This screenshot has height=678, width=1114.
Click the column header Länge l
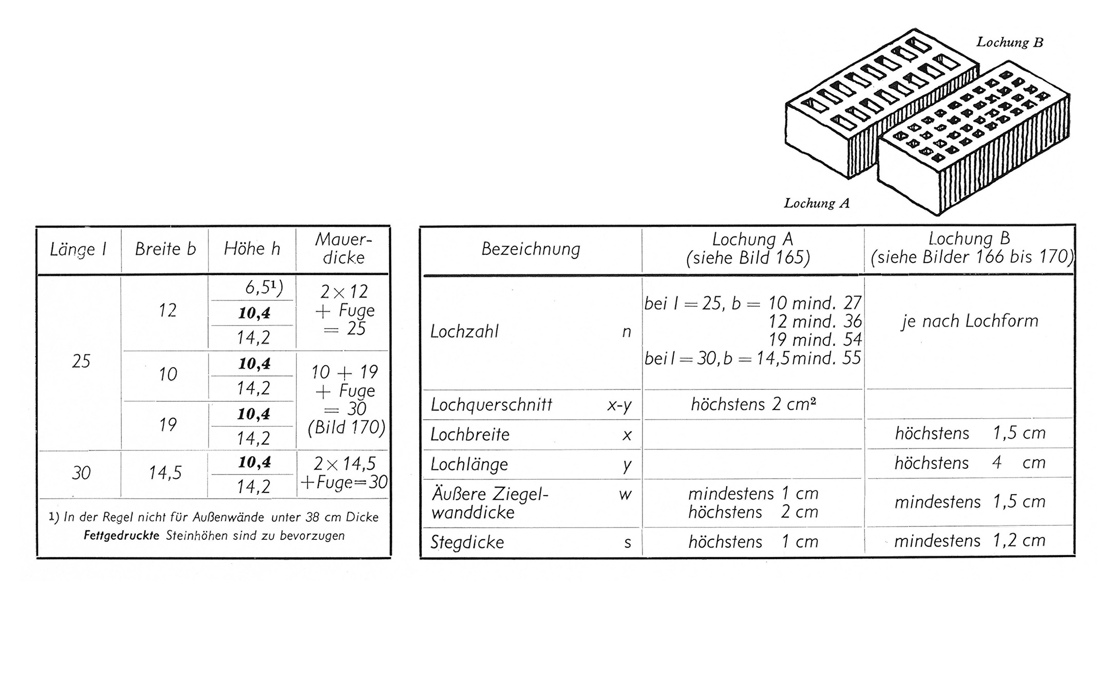coord(78,250)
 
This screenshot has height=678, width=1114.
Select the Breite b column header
coord(165,249)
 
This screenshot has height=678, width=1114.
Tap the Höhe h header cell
coord(252,249)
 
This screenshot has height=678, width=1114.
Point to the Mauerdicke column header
coord(343,249)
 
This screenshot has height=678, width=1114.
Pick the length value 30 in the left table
coord(81,473)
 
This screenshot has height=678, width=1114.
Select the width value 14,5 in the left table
coord(165,473)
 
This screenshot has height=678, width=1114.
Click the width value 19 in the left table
coord(167,425)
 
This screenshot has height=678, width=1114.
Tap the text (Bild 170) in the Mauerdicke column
coord(346,427)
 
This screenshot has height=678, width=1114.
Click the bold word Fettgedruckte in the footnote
coord(121,536)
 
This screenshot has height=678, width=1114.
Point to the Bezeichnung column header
coord(531,249)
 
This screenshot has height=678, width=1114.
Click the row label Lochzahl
coord(464,332)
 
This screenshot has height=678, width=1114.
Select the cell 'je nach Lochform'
coord(970,322)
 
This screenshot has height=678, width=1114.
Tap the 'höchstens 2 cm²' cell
coord(753,404)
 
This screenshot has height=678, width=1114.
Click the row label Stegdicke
coord(467,542)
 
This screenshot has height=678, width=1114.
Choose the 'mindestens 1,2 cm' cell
coord(970,540)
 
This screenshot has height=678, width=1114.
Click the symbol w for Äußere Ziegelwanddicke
coord(625,495)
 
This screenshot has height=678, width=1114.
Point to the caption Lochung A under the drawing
coord(817,203)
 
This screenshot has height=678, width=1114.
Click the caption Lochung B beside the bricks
coord(1010,42)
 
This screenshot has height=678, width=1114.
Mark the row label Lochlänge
coord(469,465)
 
